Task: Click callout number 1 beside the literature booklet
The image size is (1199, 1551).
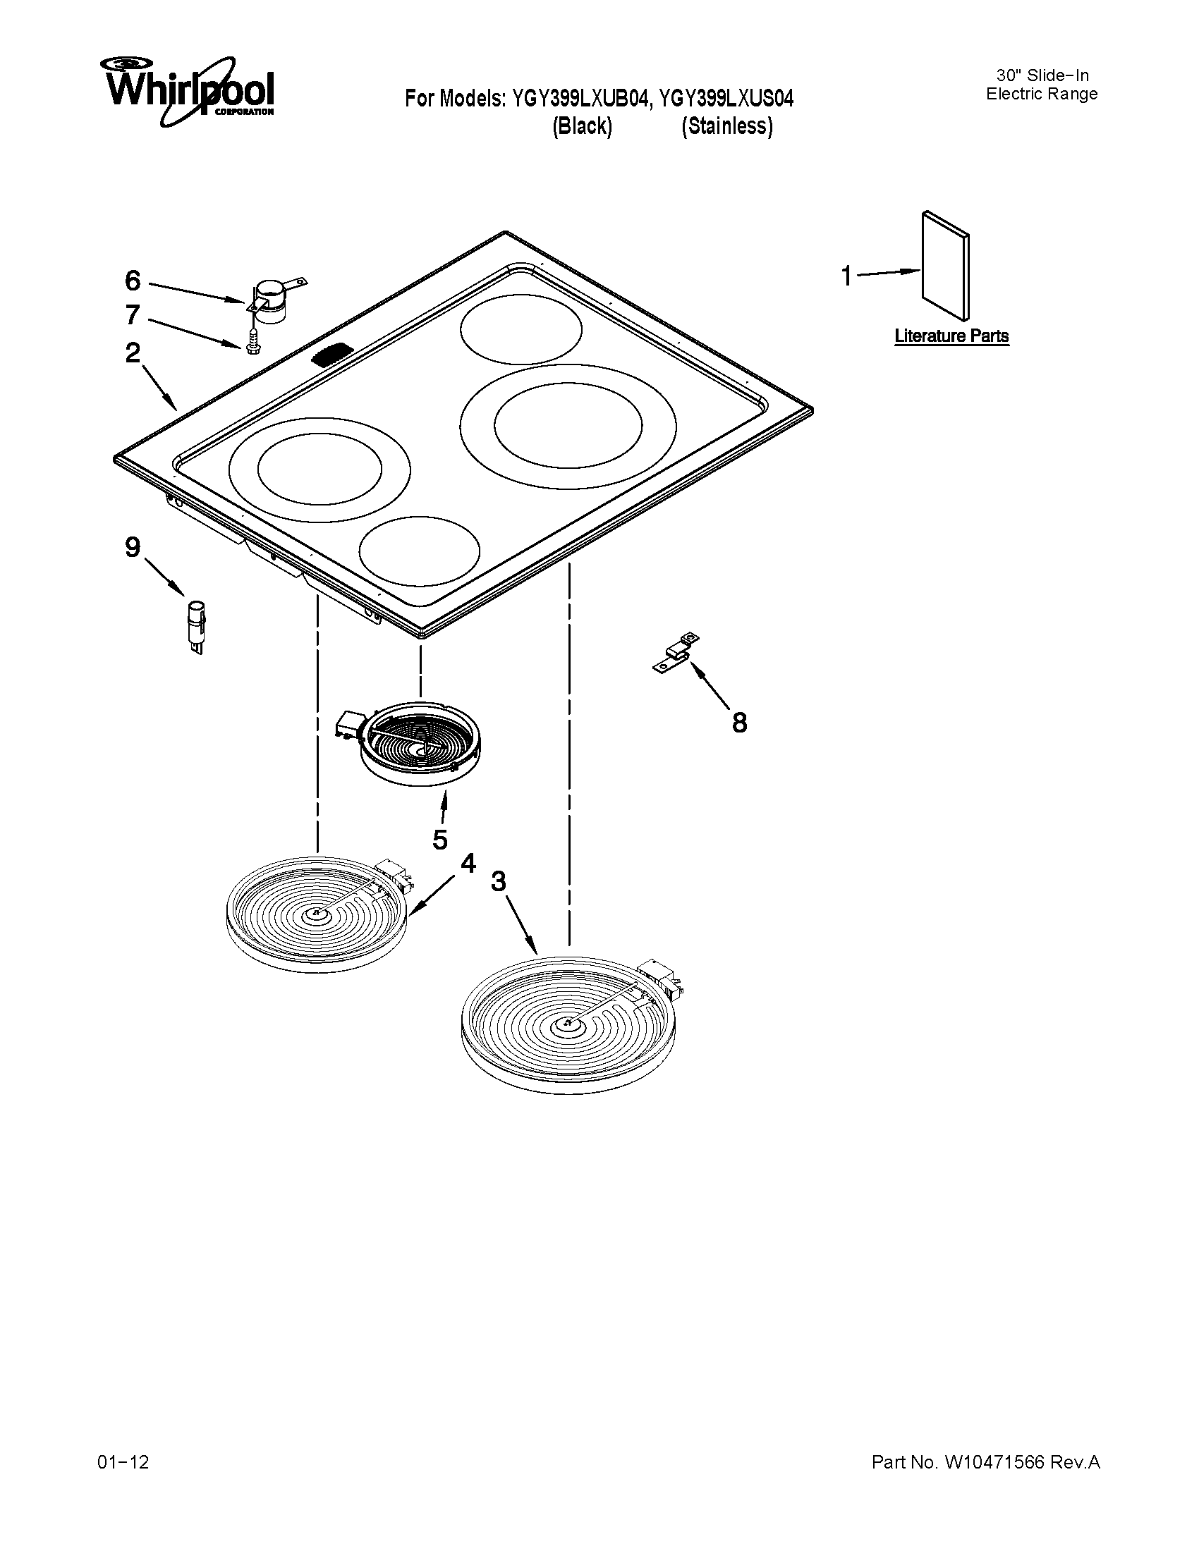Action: point(846,276)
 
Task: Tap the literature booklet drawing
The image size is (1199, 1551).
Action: point(945,266)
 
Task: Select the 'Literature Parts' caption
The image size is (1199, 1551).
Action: point(951,336)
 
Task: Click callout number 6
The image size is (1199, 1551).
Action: point(133,281)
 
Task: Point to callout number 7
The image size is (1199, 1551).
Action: point(133,314)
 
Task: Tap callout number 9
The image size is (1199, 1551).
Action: point(133,548)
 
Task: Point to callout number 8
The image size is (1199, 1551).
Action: point(739,723)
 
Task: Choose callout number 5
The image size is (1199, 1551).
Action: point(440,840)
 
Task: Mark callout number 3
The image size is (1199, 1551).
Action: point(499,881)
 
